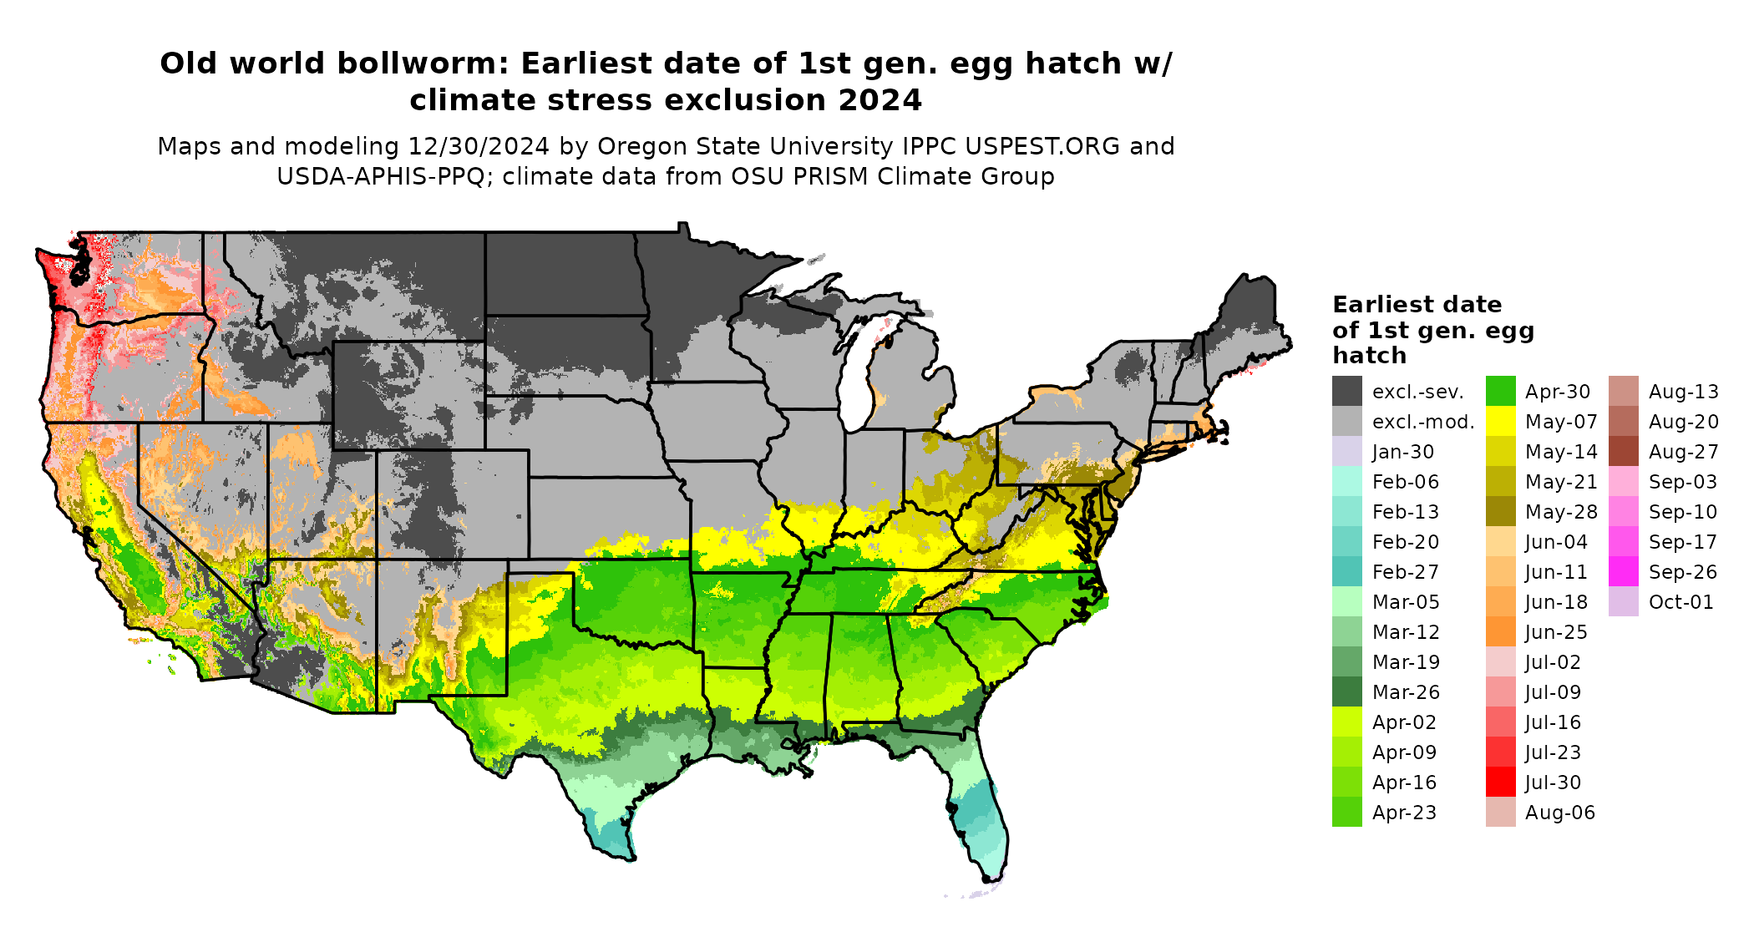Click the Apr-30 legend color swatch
tap(1500, 392)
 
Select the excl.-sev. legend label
tap(1417, 392)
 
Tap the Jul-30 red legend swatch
tap(1500, 783)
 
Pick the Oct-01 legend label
tap(1680, 602)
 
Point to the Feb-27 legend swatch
tap(1346, 572)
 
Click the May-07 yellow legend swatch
tap(1500, 422)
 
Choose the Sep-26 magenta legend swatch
tap(1623, 572)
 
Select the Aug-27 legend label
tap(1683, 452)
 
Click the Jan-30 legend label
tap(1402, 452)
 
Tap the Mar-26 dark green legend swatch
tap(1346, 692)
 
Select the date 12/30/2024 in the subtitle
tap(479, 146)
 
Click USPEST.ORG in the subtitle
tap(1042, 146)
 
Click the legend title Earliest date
tap(1417, 304)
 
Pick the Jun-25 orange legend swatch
tap(1500, 632)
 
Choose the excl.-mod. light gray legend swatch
tap(1346, 422)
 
